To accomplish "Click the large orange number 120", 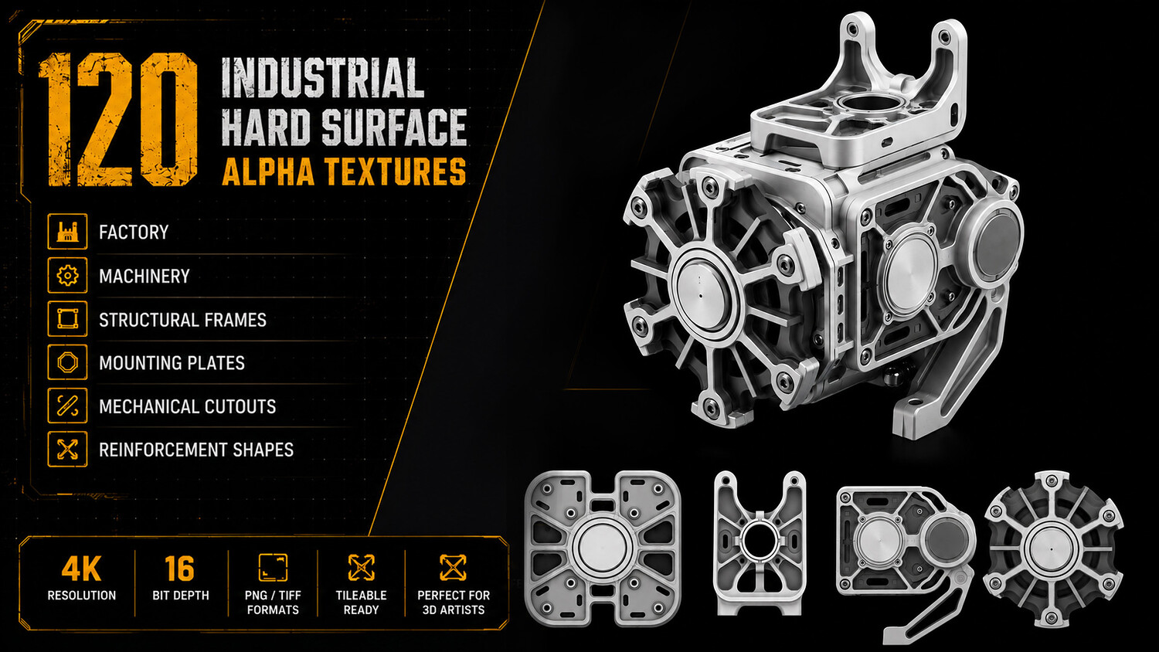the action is [118, 120].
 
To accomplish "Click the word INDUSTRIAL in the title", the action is [323, 78].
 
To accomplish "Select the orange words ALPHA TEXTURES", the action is [344, 171].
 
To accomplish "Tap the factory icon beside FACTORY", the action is [67, 231].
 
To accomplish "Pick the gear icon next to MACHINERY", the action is [67, 275].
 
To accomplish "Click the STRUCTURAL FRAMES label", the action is [182, 320].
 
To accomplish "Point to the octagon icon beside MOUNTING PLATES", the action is [67, 362].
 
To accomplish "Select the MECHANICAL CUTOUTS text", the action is [187, 406].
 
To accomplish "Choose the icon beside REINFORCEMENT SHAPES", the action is [67, 449].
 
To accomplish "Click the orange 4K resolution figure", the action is [81, 569].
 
